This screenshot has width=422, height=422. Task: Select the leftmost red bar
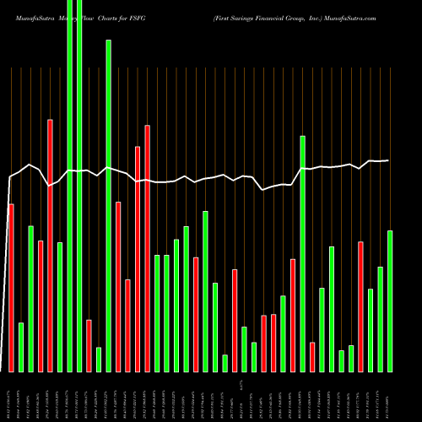click(x=11, y=287)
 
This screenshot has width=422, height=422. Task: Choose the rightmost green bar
click(x=390, y=300)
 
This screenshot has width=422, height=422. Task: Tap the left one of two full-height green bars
click(x=69, y=186)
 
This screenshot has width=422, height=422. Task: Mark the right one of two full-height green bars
click(x=79, y=186)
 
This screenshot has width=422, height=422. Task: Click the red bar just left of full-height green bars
click(x=50, y=245)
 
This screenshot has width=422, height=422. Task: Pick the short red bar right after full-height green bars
click(x=89, y=345)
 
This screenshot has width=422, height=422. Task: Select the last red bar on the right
click(x=360, y=306)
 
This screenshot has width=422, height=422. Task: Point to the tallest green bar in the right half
click(x=302, y=253)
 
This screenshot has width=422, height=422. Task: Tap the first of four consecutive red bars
click(x=118, y=286)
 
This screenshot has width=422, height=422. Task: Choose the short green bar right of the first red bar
click(x=21, y=347)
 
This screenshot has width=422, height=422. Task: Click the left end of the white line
click(x=9, y=177)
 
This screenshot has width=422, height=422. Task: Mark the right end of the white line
click(x=389, y=160)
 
